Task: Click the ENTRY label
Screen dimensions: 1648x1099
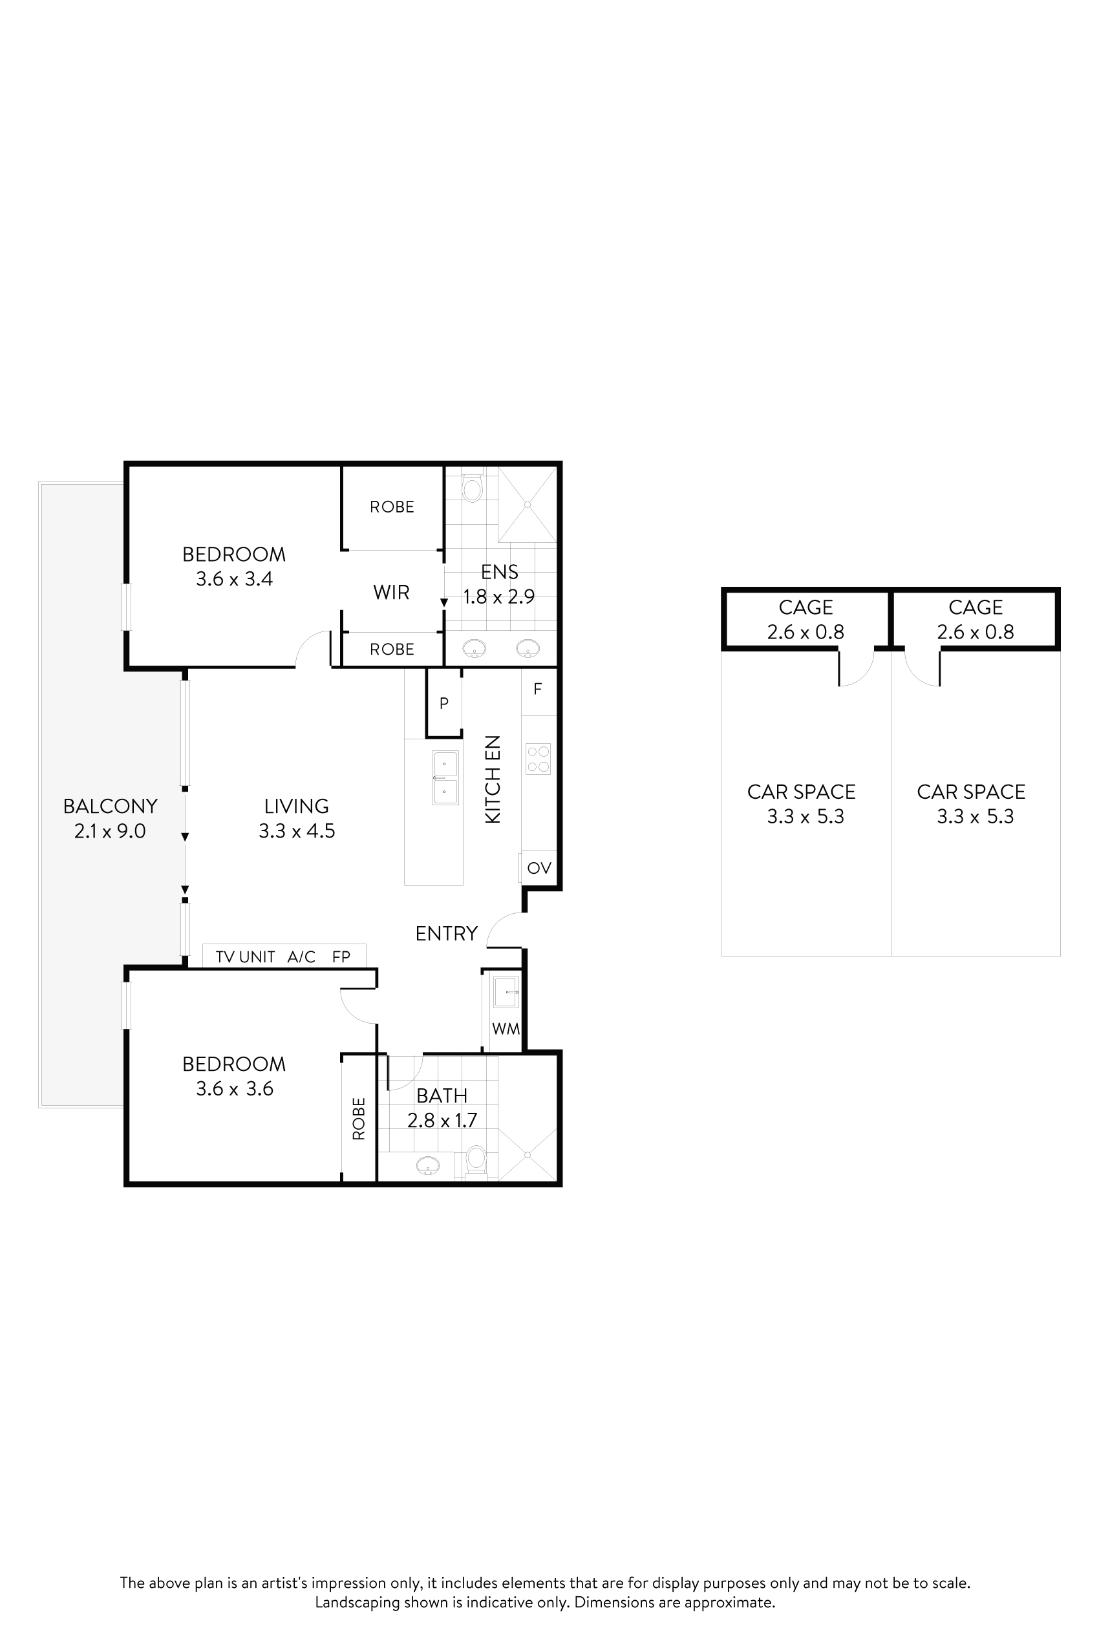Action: tap(446, 933)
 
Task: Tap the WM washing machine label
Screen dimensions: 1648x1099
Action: tap(506, 1029)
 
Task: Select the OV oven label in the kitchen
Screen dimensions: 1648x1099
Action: tap(539, 868)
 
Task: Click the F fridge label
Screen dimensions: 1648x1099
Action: tap(538, 690)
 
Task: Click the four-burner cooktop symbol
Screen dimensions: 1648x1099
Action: tap(539, 759)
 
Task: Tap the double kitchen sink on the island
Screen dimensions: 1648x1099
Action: tap(445, 777)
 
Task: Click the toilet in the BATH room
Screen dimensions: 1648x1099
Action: tap(476, 1159)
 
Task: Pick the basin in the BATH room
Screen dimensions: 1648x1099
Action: tap(427, 1165)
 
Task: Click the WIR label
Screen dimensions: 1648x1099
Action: tap(391, 593)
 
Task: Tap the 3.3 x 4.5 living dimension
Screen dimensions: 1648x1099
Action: tap(297, 831)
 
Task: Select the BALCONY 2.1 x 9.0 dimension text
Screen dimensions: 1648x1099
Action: tap(110, 831)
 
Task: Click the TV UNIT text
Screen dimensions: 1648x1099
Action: tap(244, 957)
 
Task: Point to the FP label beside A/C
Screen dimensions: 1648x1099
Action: tap(341, 957)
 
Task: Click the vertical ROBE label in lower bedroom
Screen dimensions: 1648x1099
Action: tap(359, 1119)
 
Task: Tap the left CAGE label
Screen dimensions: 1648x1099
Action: tap(806, 607)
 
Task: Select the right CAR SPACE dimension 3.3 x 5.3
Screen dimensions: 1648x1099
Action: tap(975, 817)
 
